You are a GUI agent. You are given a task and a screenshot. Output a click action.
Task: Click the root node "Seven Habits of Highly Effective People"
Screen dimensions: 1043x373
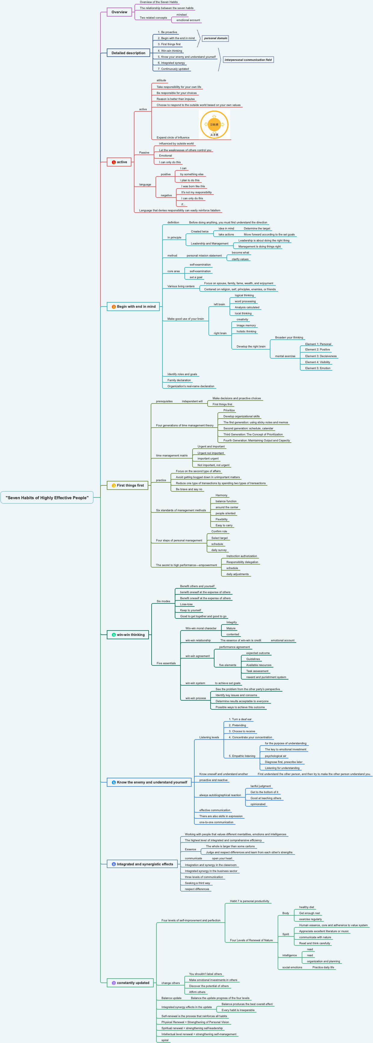coord(47,498)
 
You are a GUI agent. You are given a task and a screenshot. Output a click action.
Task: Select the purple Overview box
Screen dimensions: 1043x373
coord(119,12)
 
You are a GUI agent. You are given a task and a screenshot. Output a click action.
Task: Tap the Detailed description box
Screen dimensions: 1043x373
coord(128,53)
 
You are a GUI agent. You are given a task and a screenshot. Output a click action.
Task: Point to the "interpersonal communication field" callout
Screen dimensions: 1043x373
coord(248,60)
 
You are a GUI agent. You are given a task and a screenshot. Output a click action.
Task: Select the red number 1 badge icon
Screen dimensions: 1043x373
coord(114,162)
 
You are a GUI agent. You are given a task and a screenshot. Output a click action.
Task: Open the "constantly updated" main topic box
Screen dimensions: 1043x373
coord(130,983)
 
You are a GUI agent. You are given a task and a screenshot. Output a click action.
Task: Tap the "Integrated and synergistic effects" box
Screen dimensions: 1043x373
coord(142,864)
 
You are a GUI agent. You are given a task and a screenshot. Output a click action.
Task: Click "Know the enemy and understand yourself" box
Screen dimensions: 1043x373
coord(149,782)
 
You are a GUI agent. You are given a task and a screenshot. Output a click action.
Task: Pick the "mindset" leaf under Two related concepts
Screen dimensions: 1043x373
coord(182,14)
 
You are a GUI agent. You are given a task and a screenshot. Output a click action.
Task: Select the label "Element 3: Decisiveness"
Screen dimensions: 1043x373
coord(321,356)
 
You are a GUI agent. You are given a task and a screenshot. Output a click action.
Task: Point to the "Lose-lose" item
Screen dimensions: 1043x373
coord(186,604)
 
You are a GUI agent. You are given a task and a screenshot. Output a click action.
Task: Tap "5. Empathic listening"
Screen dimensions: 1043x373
coord(242,756)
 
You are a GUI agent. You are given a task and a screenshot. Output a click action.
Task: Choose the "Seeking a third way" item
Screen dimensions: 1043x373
coord(197,883)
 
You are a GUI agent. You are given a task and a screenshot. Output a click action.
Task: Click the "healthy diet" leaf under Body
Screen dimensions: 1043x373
coord(306,907)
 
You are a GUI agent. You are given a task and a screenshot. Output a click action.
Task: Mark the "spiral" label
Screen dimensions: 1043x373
coord(165,1040)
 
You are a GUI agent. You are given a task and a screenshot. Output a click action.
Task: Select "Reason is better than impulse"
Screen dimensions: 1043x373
coord(176,99)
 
